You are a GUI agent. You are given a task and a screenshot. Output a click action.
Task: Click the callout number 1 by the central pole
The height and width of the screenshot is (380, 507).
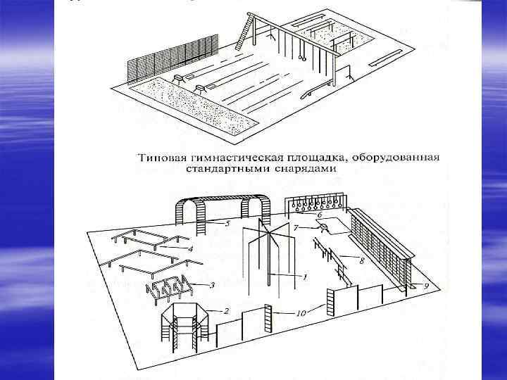304,277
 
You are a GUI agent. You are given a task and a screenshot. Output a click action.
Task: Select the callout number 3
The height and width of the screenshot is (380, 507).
212,285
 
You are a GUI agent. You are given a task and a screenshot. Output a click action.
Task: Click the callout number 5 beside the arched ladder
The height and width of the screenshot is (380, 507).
227,224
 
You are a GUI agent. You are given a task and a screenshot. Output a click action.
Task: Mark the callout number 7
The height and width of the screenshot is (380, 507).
296,228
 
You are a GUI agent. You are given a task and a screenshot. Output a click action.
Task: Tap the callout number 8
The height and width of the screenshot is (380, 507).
361,261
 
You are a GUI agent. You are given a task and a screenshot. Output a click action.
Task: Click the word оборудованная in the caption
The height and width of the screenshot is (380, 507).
402,156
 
